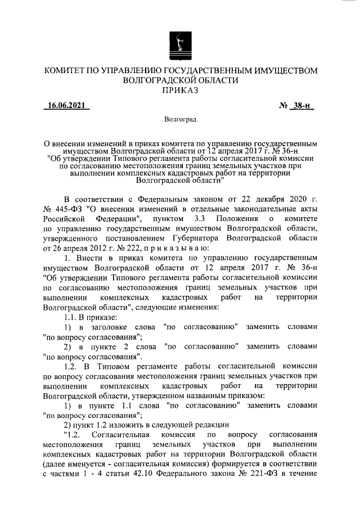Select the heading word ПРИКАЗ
coord(180,91)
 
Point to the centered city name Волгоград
coord(180,120)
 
